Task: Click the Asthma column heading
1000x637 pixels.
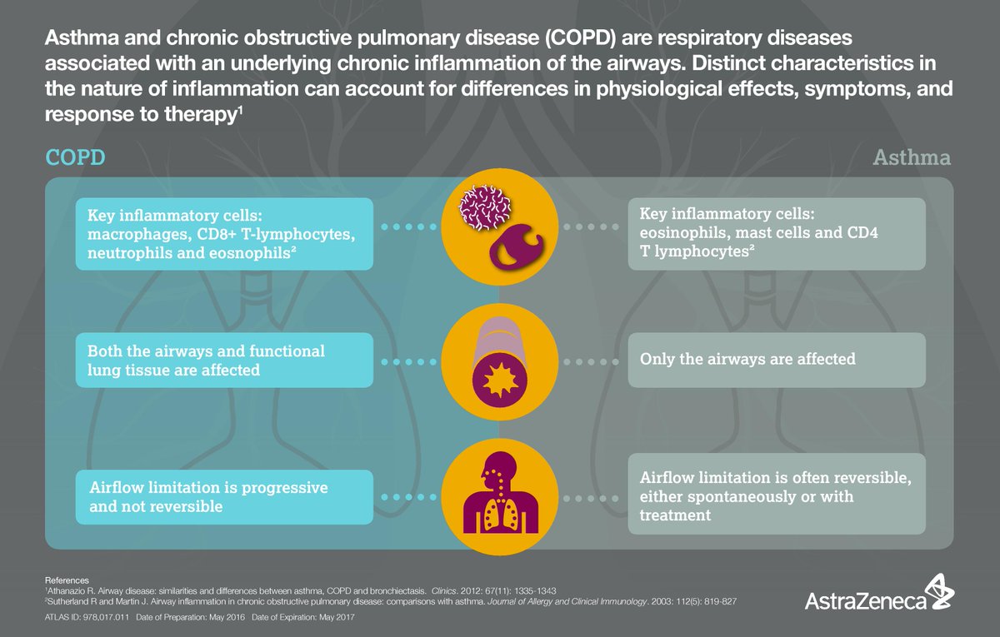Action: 911,157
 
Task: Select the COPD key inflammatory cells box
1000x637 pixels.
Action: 224,233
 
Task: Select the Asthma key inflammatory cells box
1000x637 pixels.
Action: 777,233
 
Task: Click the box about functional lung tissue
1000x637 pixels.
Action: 224,360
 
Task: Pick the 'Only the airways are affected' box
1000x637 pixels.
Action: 777,360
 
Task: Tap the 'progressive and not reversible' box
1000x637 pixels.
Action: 224,495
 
